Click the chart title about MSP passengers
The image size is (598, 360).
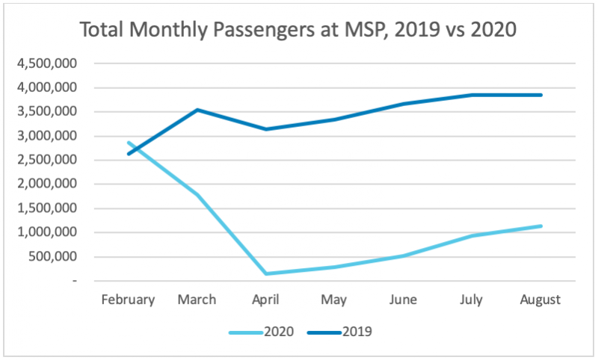299,31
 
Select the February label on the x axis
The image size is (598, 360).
129,300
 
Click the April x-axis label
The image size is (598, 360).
266,300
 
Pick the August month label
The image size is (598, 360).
540,300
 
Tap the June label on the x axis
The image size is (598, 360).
403,300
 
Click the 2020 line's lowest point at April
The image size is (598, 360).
266,273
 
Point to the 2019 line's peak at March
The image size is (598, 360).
197,110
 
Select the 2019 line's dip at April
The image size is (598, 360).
266,129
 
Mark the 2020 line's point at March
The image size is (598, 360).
197,194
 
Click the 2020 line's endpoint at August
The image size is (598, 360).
540,226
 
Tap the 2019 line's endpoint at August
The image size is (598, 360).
540,95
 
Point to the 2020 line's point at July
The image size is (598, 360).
472,235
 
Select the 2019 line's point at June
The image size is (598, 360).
403,104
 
